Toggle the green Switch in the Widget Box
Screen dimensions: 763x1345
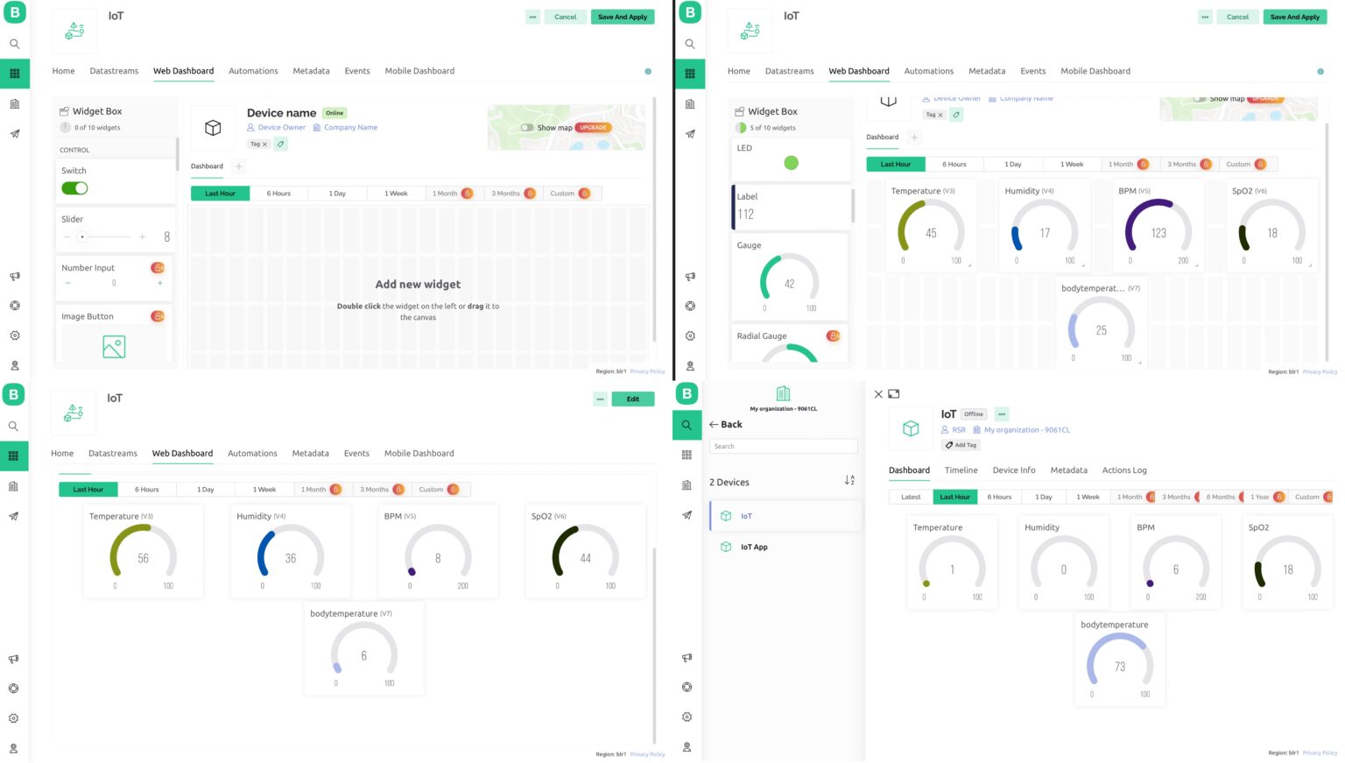(74, 188)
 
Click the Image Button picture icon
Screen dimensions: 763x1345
(114, 347)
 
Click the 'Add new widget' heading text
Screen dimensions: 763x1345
(418, 285)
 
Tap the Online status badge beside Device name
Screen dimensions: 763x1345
(334, 113)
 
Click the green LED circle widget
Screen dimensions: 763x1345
(791, 163)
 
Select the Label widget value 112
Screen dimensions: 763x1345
(746, 214)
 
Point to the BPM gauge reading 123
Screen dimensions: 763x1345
(1158, 233)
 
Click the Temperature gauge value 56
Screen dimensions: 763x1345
(143, 558)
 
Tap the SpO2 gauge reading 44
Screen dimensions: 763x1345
(585, 558)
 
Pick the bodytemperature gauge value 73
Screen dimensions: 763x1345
(1119, 667)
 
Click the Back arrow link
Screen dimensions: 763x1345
(726, 425)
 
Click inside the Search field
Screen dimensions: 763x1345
(783, 447)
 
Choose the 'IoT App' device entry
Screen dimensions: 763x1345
(754, 548)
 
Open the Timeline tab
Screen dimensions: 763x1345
(961, 470)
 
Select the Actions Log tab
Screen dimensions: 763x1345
(1123, 470)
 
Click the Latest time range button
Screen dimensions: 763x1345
(911, 497)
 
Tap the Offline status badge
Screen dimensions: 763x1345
(974, 414)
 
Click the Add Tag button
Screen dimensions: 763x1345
(961, 445)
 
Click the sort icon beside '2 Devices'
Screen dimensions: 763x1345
(849, 481)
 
